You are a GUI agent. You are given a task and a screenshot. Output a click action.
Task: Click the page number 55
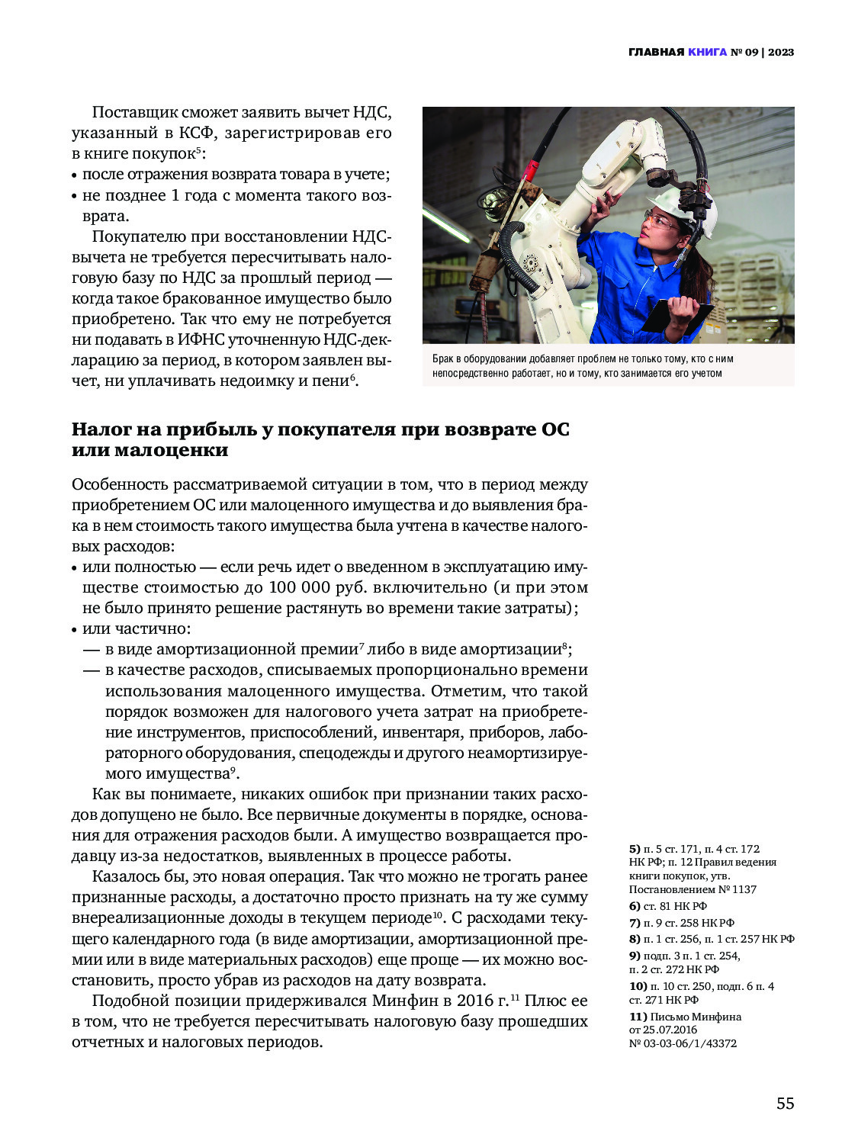coord(785,1103)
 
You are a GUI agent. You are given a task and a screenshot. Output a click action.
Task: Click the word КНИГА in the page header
coord(707,52)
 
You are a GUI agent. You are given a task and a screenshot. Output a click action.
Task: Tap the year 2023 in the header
coord(781,52)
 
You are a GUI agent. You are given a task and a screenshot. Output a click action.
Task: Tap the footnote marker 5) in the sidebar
coord(635,849)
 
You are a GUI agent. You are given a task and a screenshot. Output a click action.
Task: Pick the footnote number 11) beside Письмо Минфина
coord(638,1017)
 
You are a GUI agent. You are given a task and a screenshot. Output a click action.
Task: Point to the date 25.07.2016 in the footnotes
coord(668,1030)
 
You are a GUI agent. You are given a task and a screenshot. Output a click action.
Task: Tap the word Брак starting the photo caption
coord(442,358)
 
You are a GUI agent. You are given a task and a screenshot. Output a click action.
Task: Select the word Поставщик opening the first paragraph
coord(133,112)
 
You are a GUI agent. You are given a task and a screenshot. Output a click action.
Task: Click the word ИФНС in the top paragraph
coord(200,339)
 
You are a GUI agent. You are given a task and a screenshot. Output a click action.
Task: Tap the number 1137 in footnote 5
coord(744,889)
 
